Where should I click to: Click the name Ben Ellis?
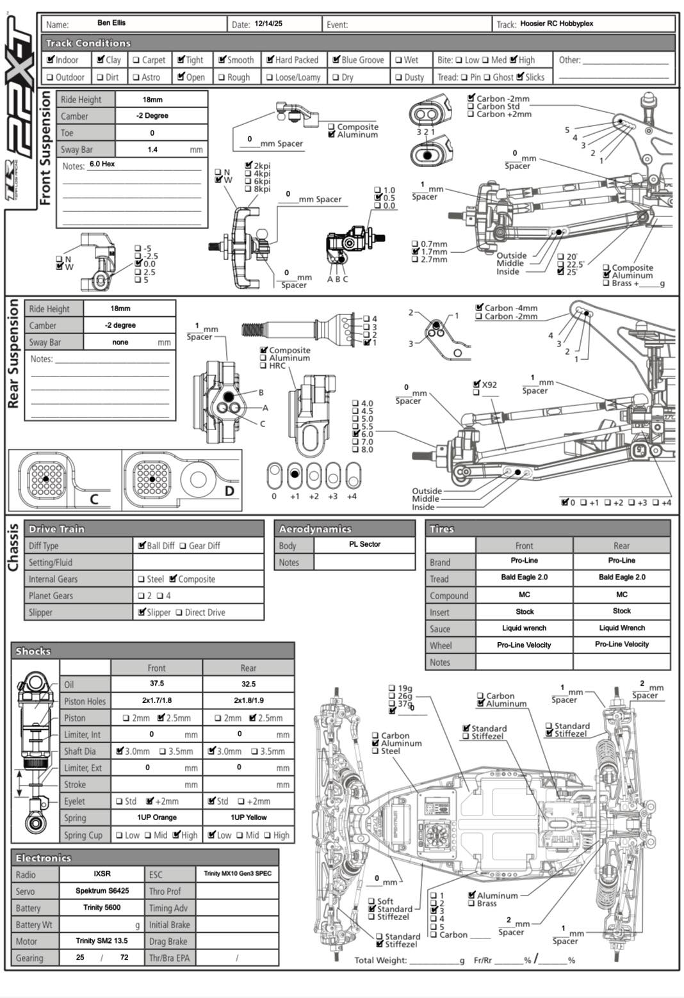pyautogui.click(x=111, y=23)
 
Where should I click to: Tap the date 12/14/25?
pyautogui.click(x=268, y=24)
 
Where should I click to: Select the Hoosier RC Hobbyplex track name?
pyautogui.click(x=557, y=24)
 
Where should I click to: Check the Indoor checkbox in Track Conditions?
pyautogui.click(x=51, y=60)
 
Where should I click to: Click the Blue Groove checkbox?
pyautogui.click(x=336, y=60)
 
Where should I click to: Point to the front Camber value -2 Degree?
pyautogui.click(x=152, y=116)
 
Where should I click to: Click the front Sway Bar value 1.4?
pyautogui.click(x=152, y=149)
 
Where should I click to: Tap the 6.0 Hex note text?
pyautogui.click(x=102, y=165)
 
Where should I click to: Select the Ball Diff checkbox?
pyautogui.click(x=142, y=545)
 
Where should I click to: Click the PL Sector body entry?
pyautogui.click(x=364, y=544)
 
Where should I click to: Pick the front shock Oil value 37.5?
pyautogui.click(x=156, y=684)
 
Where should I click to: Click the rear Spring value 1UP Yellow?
pyautogui.click(x=248, y=817)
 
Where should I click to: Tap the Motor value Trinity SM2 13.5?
pyautogui.click(x=101, y=941)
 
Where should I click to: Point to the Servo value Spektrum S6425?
pyautogui.click(x=102, y=891)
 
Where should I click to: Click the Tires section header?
pyautogui.click(x=442, y=529)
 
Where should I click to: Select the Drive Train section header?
pyautogui.click(x=56, y=529)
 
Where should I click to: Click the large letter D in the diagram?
pyautogui.click(x=229, y=492)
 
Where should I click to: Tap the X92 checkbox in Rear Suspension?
pyautogui.click(x=476, y=384)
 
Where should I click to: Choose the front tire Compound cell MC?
pyautogui.click(x=524, y=595)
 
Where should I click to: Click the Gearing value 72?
pyautogui.click(x=124, y=958)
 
